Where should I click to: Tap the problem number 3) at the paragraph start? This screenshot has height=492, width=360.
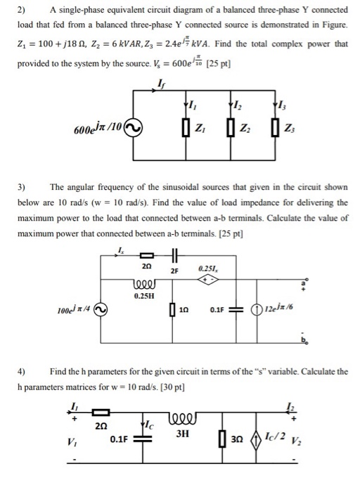pyautogui.click(x=21, y=188)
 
